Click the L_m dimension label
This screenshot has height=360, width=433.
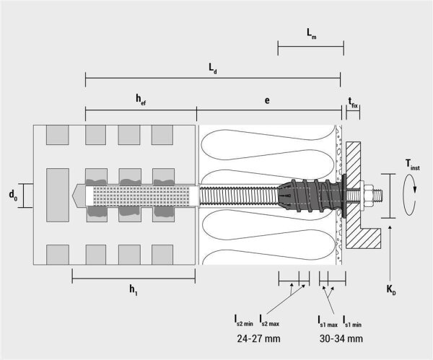pyautogui.click(x=312, y=34)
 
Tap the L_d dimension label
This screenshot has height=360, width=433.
pyautogui.click(x=212, y=69)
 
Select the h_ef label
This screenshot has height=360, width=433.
pyautogui.click(x=141, y=100)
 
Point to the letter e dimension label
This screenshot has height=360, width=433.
pyautogui.click(x=267, y=100)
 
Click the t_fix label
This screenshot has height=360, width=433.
pyautogui.click(x=353, y=102)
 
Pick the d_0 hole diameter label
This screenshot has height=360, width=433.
pyautogui.click(x=13, y=196)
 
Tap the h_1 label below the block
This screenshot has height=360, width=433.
pyautogui.click(x=134, y=290)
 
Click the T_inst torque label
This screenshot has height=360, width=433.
pyautogui.click(x=413, y=164)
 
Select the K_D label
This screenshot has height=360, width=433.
pyautogui.click(x=391, y=290)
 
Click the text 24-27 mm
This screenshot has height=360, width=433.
pyautogui.click(x=259, y=338)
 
